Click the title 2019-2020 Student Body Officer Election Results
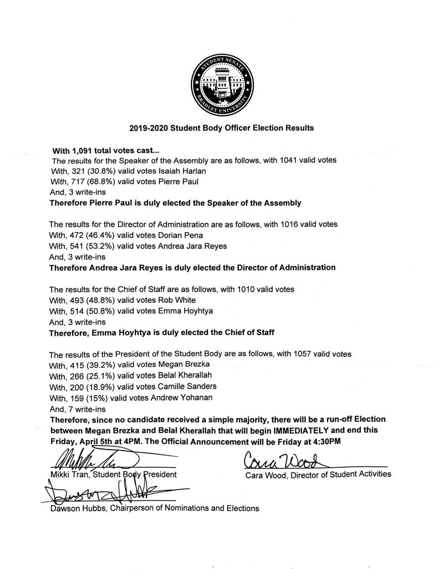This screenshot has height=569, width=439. pyautogui.click(x=221, y=128)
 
